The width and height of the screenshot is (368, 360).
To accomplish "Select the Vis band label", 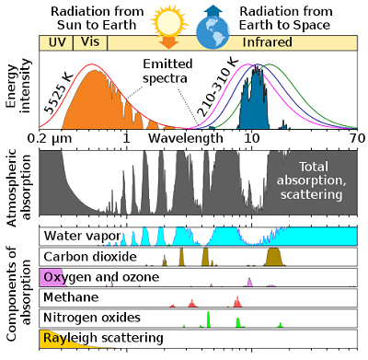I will [x=90, y=43].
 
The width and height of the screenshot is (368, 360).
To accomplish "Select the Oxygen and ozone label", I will [x=101, y=276].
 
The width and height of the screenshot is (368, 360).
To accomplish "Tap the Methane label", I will [x=73, y=297].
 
